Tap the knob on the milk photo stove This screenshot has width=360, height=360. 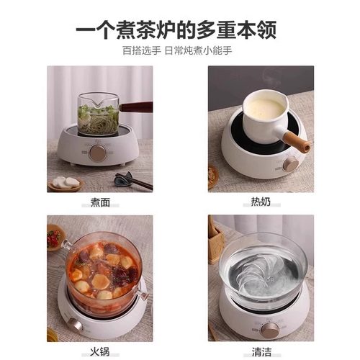pyautogui.click(x=290, y=164)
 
